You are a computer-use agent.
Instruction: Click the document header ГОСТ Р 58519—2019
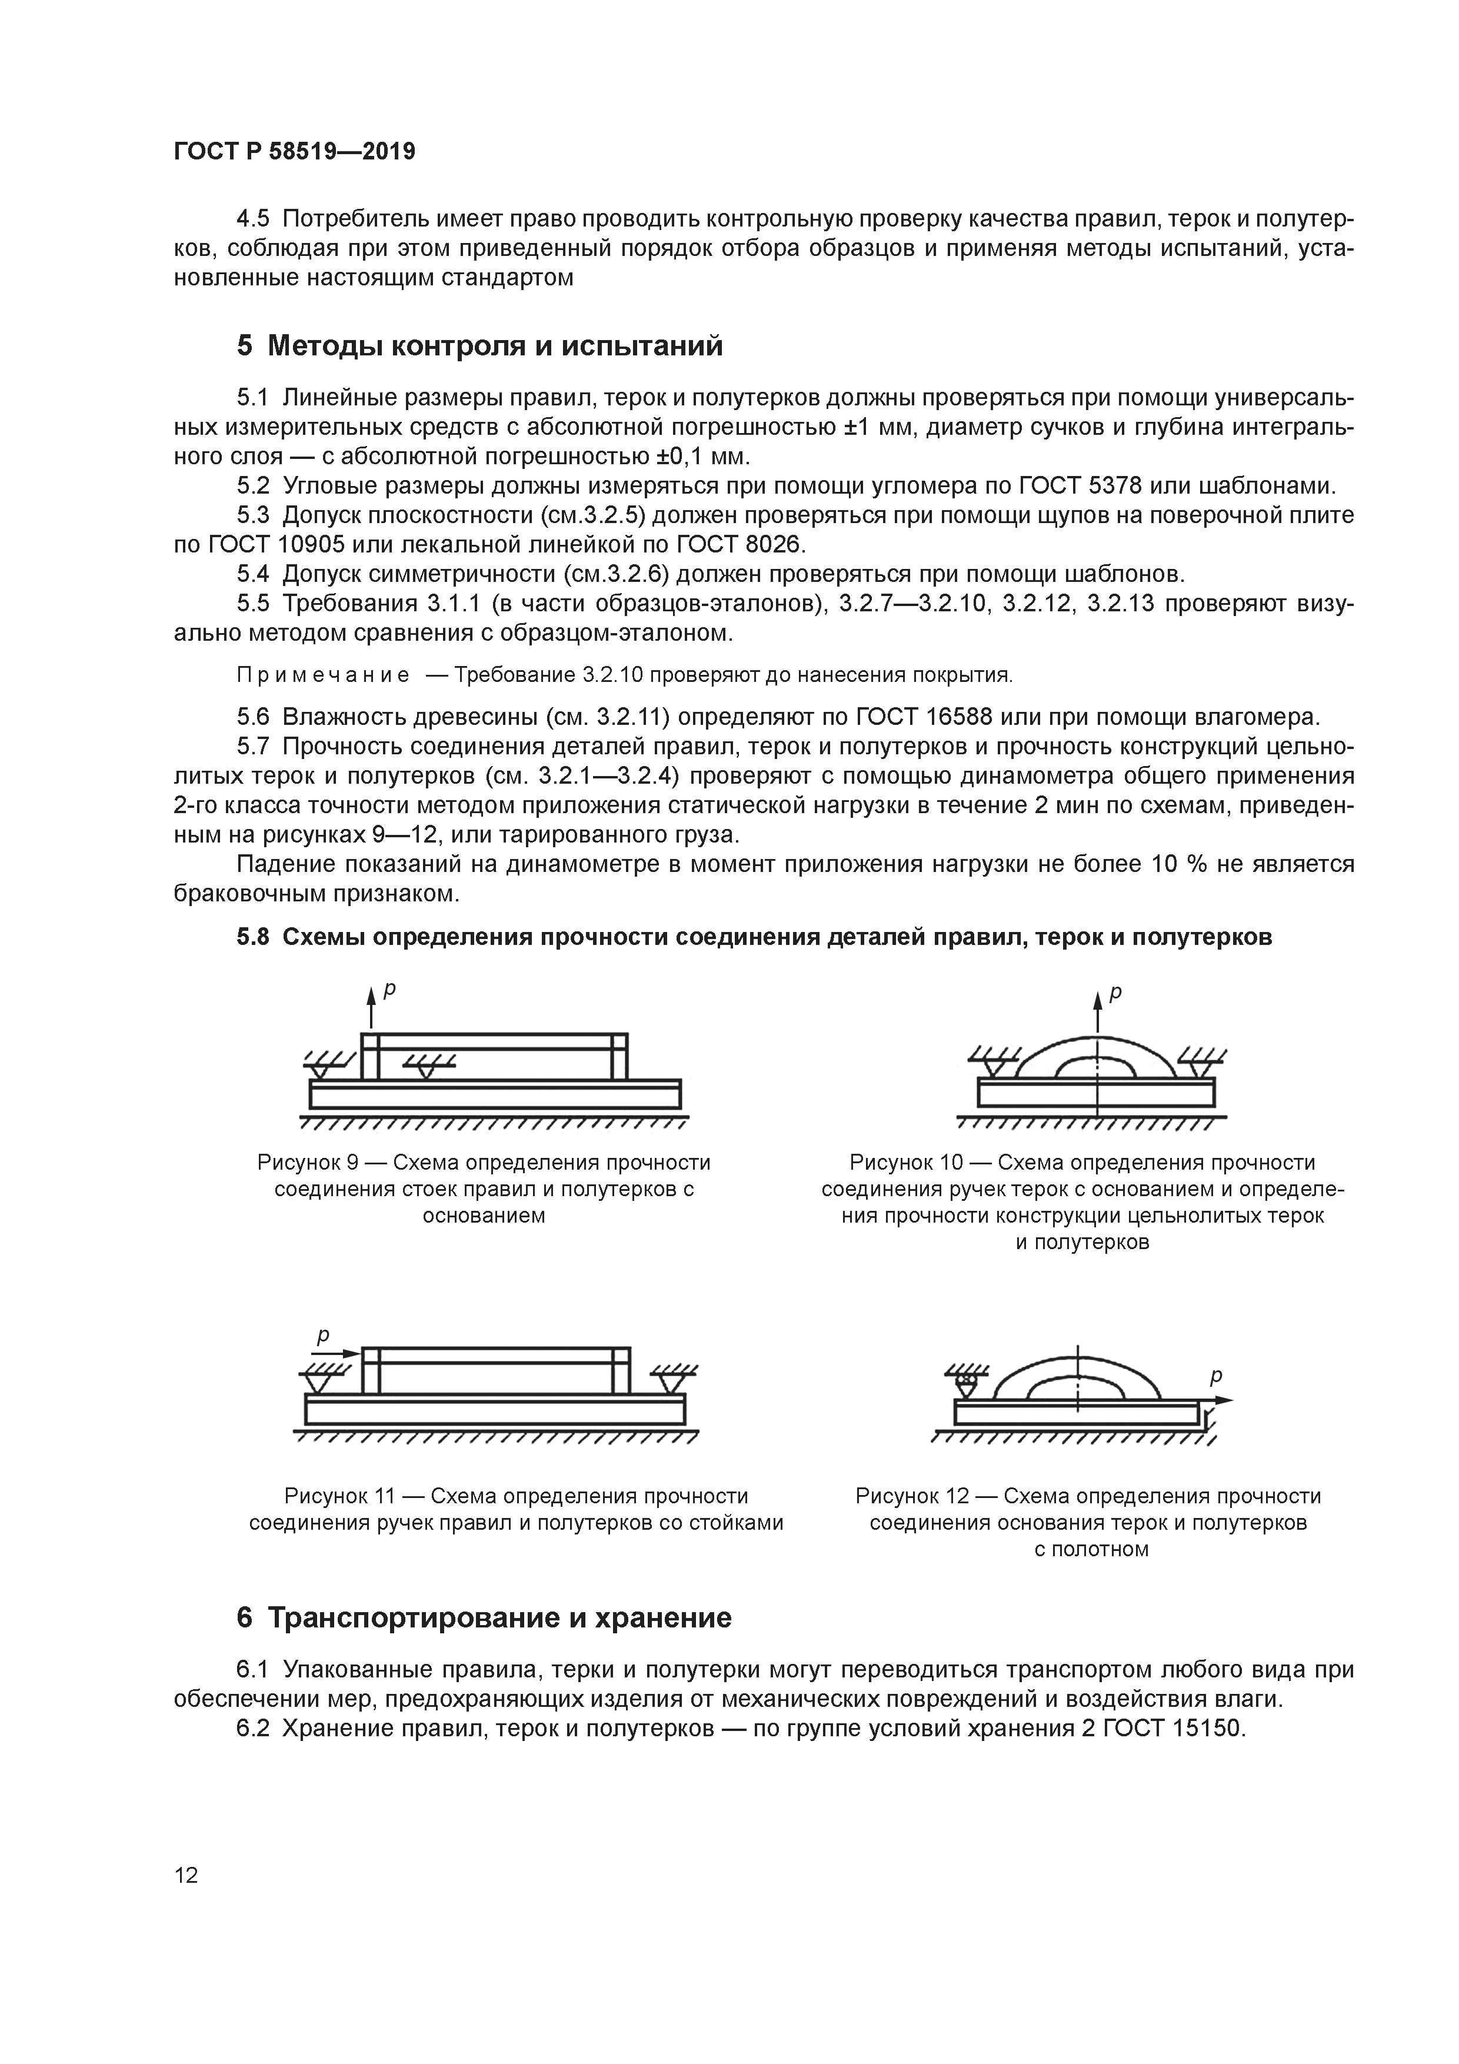tap(294, 152)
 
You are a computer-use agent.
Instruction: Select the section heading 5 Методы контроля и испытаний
tap(479, 345)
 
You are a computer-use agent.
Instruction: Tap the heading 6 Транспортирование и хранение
tap(484, 1618)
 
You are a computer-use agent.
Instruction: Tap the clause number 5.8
tap(252, 937)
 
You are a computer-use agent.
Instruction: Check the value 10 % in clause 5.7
tap(1177, 865)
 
